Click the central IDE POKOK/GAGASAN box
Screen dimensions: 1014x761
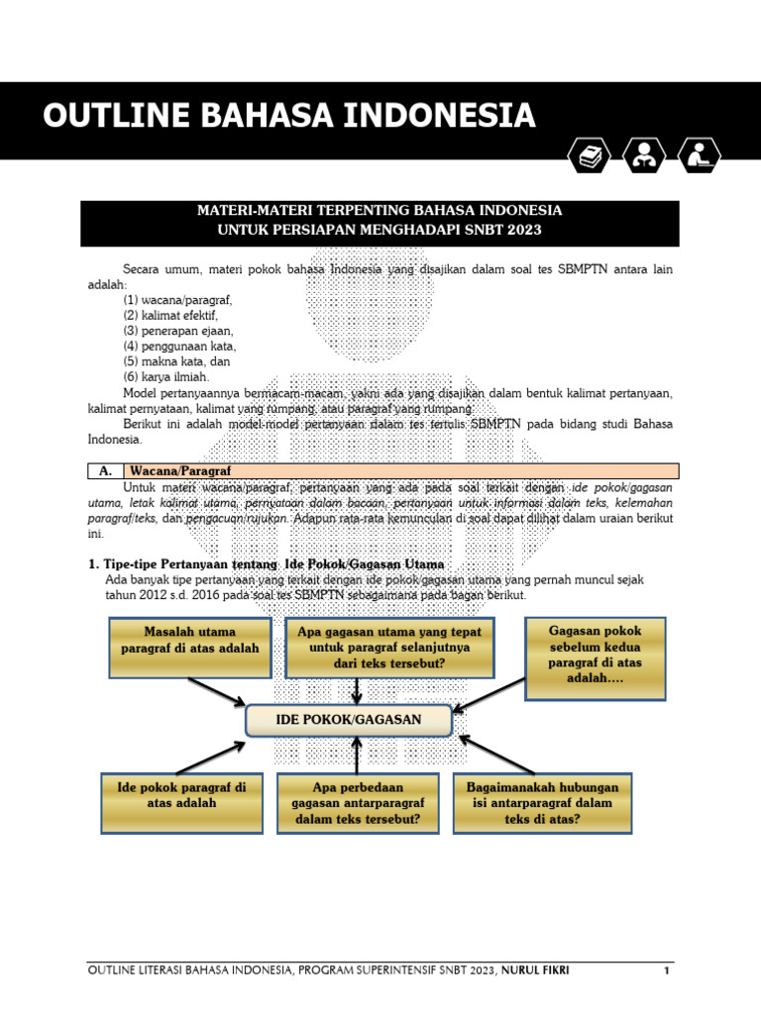point(349,720)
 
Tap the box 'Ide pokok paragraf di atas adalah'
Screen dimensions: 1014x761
point(182,803)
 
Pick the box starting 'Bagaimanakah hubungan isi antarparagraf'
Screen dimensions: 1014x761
point(542,803)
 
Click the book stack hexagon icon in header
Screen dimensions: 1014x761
point(591,155)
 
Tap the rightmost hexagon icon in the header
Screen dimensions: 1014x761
point(700,155)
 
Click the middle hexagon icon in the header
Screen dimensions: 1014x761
point(645,155)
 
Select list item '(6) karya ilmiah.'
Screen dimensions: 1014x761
point(166,376)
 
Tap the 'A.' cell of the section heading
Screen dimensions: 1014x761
point(104,471)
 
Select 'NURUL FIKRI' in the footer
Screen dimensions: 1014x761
point(534,970)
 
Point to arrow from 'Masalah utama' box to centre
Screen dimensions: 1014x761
point(216,692)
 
